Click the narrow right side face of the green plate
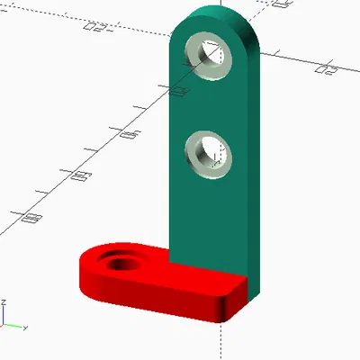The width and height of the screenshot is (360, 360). (254, 162)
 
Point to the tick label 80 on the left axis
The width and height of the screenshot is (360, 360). (35, 216)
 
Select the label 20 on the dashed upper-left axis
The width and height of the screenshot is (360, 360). (94, 26)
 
